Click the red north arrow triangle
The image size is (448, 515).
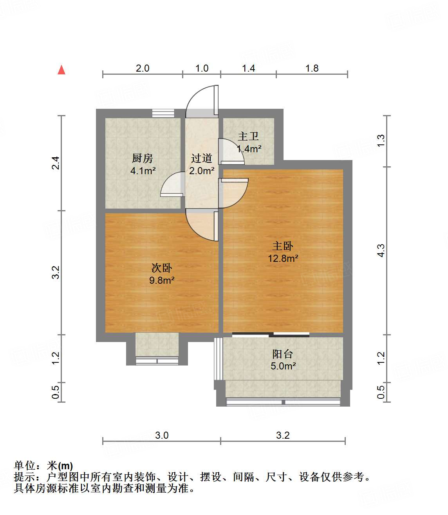61,70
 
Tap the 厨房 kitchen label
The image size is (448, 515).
142,158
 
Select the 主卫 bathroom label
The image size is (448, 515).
248,136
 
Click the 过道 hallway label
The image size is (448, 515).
202,158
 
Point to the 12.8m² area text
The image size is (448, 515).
283,258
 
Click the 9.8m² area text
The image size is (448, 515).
161,280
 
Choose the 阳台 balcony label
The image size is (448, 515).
283,354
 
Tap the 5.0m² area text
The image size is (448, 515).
283,366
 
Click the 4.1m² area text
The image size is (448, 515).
143,171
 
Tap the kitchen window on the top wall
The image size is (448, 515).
163,113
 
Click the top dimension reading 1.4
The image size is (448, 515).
248,68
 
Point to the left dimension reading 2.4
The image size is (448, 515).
56,162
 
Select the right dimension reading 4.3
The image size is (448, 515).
381,250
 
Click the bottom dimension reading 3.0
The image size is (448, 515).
162,435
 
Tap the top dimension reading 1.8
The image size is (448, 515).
312,68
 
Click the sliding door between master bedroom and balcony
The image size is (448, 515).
271,335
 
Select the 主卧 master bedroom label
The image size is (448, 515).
283,246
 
